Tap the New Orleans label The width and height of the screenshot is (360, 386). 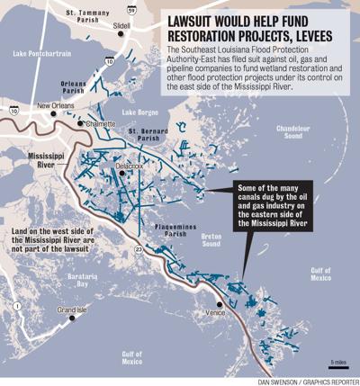coord(55,107)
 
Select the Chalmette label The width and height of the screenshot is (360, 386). coord(102,122)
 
